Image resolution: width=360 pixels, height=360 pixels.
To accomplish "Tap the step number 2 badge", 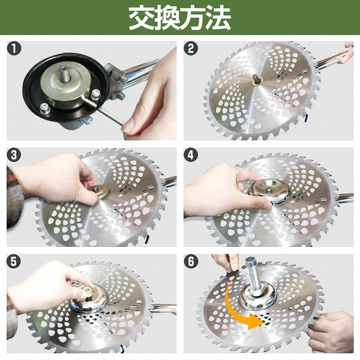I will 191,49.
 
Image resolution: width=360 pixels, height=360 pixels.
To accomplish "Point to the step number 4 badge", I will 191,155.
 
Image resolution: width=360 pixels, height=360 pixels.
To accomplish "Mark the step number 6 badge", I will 191,261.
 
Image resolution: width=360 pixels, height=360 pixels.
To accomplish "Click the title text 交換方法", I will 179,18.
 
